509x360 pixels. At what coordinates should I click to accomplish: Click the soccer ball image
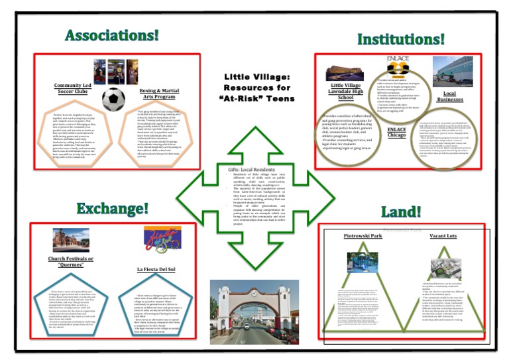(113, 99)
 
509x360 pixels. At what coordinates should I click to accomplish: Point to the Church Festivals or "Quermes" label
(72, 262)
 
